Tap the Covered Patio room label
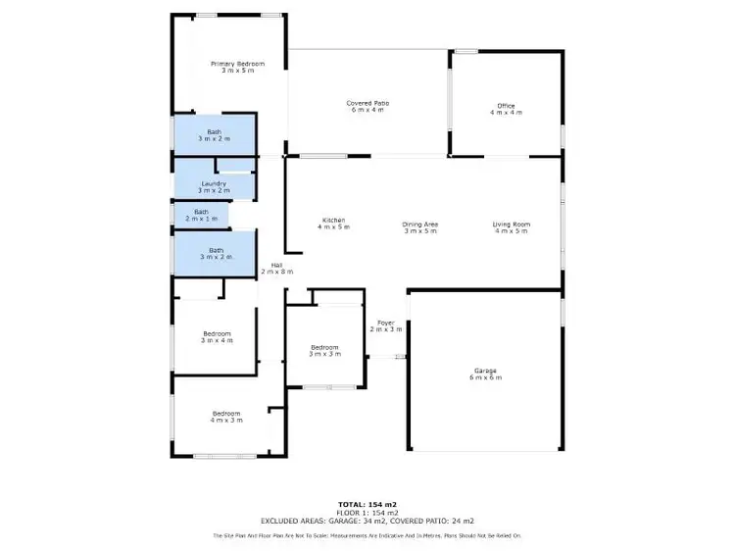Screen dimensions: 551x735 (367, 103)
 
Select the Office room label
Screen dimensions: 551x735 (506, 106)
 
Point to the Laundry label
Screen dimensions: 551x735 (214, 183)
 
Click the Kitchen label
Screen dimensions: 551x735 (333, 220)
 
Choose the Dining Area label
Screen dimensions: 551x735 (420, 225)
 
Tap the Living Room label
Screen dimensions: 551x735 (511, 225)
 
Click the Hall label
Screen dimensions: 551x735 (277, 264)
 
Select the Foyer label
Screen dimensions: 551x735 (386, 323)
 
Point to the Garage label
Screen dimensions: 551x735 (486, 370)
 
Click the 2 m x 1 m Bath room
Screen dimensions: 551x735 (201, 215)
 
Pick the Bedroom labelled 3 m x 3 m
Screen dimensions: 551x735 (324, 350)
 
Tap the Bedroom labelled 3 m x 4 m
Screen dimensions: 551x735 (217, 336)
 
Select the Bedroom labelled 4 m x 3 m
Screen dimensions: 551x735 (226, 417)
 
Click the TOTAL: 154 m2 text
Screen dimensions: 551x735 (367, 503)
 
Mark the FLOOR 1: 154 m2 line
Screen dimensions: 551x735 (367, 512)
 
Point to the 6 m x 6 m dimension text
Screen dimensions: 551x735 (486, 376)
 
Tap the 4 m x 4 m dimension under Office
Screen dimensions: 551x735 (506, 113)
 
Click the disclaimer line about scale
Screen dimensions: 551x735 (367, 535)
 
